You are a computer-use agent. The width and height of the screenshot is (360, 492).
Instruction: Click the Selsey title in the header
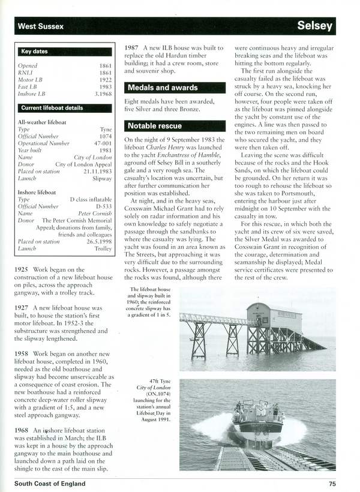point(314,26)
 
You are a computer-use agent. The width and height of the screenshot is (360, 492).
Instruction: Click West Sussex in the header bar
point(41,26)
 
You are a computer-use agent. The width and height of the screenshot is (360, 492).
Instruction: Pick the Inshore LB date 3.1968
point(103,94)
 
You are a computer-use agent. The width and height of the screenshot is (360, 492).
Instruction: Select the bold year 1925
point(22,270)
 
